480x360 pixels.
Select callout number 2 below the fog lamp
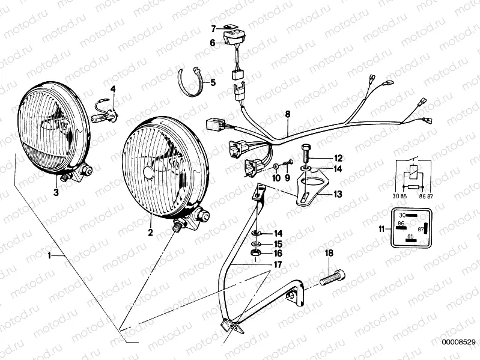tap(150, 231)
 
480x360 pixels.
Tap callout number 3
tap(56, 192)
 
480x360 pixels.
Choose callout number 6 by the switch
tap(213, 43)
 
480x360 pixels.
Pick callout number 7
tap(213, 28)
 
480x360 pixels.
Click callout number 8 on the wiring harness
tap(287, 114)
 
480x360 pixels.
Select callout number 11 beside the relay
tap(381, 228)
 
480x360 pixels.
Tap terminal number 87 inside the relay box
tap(421, 229)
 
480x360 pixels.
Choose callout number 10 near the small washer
tap(276, 177)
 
